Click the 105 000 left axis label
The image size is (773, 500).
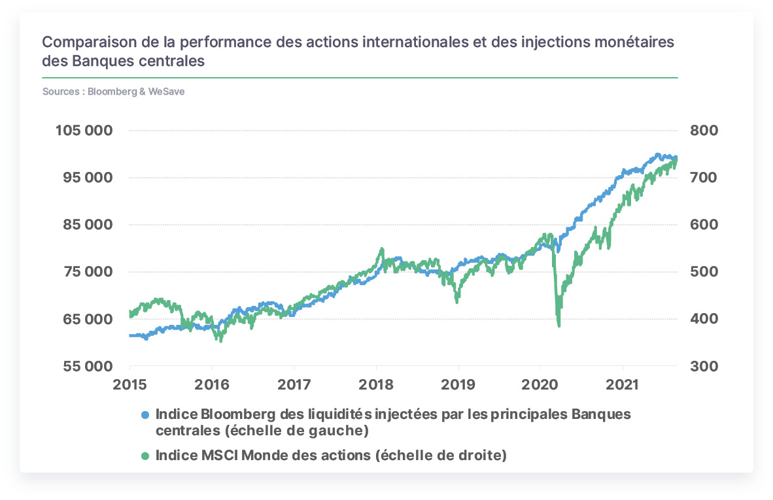(x=84, y=131)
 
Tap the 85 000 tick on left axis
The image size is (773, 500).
(x=88, y=225)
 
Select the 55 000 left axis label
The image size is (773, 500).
(x=88, y=366)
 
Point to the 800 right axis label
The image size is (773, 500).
(x=704, y=131)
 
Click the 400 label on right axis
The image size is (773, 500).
(x=704, y=319)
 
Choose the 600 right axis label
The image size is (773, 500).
(x=704, y=225)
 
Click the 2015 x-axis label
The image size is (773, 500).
(x=129, y=385)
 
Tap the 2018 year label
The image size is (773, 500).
(x=376, y=385)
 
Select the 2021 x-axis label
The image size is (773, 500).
(x=622, y=385)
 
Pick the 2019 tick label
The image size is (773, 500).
(x=458, y=385)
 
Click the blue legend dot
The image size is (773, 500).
(x=145, y=415)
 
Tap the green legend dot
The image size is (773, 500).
(x=145, y=456)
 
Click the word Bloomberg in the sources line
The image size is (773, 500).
(x=112, y=92)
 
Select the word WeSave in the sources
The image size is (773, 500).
(x=167, y=92)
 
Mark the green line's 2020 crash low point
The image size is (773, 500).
(x=558, y=325)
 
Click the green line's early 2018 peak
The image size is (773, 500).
(x=382, y=249)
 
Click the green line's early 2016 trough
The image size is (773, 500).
(x=220, y=341)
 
